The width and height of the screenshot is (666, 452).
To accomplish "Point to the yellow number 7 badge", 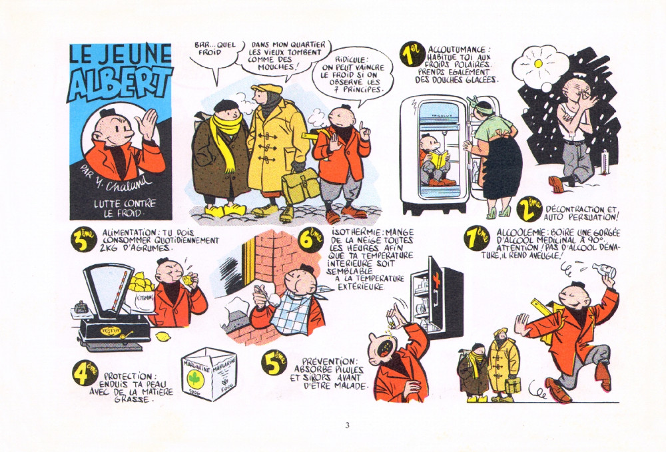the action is tap(477, 238).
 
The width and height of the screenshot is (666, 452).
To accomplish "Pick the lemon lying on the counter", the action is tap(162, 337).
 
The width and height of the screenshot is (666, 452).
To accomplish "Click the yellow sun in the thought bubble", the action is tap(539, 64).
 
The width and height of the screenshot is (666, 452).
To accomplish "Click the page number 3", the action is tap(347, 425).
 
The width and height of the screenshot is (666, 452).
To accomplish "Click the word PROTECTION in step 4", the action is tap(128, 377).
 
